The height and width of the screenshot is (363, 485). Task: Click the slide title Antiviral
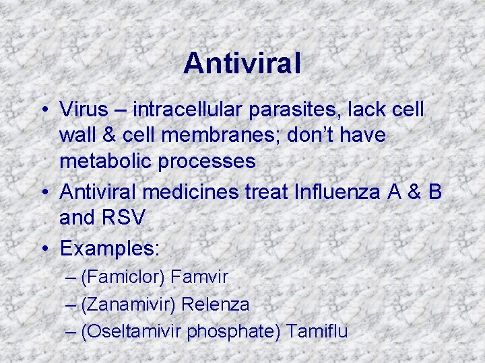point(242,63)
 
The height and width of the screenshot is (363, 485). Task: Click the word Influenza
point(337,192)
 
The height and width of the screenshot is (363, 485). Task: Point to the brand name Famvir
point(199,276)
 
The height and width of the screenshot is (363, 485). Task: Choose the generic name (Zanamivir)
point(127,304)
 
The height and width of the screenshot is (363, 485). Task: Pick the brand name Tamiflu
point(316,331)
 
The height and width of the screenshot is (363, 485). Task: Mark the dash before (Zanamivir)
point(72,305)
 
